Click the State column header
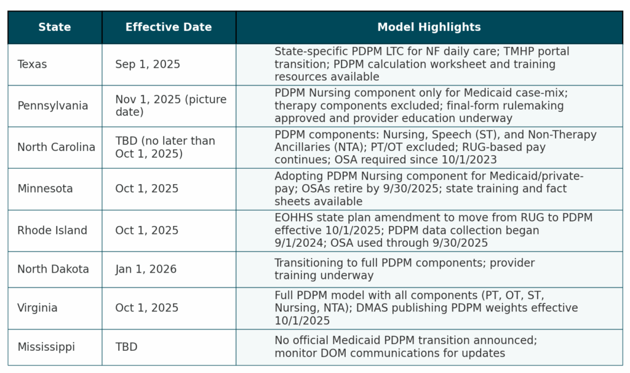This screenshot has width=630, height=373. click(54, 27)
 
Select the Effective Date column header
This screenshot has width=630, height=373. click(169, 27)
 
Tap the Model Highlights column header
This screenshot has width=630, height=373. click(429, 27)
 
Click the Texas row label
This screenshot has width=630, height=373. click(33, 64)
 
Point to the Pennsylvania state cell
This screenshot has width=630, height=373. click(52, 105)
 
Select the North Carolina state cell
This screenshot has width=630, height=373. click(56, 147)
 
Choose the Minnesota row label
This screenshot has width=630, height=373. click(45, 188)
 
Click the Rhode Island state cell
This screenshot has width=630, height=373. click(52, 230)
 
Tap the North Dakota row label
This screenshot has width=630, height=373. click(53, 269)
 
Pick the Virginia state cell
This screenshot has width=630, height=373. click(38, 308)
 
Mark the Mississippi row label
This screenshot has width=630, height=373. click(46, 347)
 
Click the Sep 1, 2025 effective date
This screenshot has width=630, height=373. click(148, 64)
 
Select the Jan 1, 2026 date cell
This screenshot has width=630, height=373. click(146, 269)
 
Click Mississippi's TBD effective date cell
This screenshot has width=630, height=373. click(126, 347)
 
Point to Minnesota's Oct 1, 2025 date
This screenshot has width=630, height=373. click(147, 188)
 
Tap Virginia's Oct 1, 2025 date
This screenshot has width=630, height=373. click(147, 308)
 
